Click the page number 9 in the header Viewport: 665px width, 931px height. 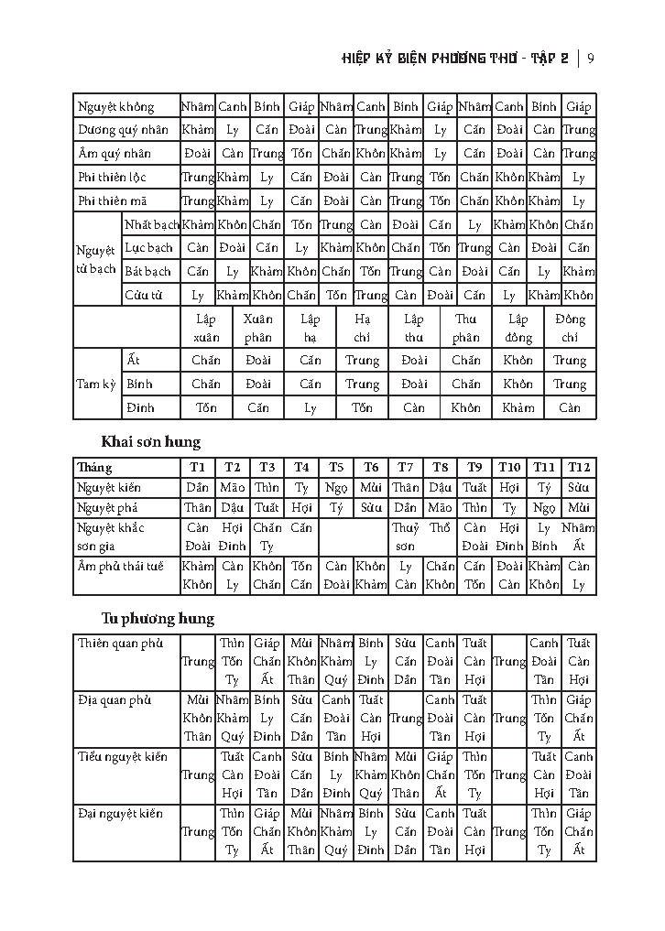592,60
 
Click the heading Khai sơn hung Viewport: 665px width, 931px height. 151,441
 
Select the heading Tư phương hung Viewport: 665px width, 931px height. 158,618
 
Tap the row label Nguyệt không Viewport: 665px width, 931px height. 116,106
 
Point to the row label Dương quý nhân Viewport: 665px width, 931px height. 123,130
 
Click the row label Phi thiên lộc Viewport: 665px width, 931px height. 113,177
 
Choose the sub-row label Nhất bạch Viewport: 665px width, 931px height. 152,224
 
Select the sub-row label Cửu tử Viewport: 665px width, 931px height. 145,295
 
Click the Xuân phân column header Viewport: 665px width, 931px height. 258,328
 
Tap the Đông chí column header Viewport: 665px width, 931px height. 570,328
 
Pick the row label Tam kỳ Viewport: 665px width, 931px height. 96,384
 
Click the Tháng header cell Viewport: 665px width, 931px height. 95,467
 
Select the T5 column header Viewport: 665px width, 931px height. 336,467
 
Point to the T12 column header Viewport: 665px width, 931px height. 578,467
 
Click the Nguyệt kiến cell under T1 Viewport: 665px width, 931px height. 197,488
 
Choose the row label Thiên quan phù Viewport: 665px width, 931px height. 120,644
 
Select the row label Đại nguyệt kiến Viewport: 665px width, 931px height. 121,814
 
